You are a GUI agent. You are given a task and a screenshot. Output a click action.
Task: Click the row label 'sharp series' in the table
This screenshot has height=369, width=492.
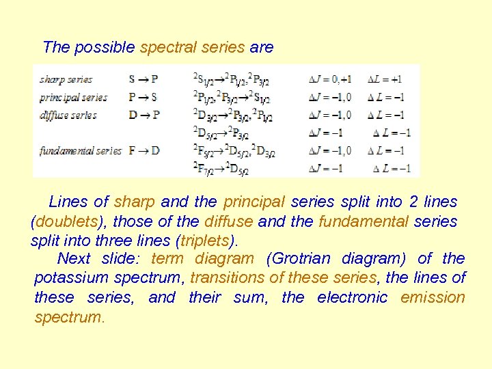point(66,79)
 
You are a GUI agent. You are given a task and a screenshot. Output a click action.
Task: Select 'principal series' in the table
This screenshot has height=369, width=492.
point(73,97)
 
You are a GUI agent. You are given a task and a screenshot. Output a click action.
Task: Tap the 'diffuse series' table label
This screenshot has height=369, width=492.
point(68,115)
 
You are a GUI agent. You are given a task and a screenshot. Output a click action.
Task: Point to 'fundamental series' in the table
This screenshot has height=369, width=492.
point(81,150)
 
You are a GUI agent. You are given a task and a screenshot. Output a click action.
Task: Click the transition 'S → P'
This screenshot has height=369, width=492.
point(143,79)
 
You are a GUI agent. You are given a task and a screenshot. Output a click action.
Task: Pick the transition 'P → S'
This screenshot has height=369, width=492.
point(143,97)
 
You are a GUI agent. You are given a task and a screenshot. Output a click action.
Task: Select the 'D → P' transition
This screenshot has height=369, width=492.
point(143,115)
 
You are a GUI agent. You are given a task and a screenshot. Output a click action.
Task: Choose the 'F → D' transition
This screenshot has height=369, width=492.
point(143,150)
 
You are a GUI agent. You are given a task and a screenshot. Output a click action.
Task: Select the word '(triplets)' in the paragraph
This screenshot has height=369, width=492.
point(207,241)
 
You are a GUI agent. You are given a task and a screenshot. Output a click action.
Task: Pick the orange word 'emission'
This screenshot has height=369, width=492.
point(433,297)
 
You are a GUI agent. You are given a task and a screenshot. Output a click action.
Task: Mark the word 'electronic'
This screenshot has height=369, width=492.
point(352,297)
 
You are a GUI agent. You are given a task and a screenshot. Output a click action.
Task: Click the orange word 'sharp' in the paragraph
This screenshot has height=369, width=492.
point(135,202)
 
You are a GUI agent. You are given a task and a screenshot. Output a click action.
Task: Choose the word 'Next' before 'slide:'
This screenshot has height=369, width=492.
point(74,258)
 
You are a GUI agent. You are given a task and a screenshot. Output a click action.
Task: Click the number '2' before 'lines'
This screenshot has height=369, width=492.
point(413,202)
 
